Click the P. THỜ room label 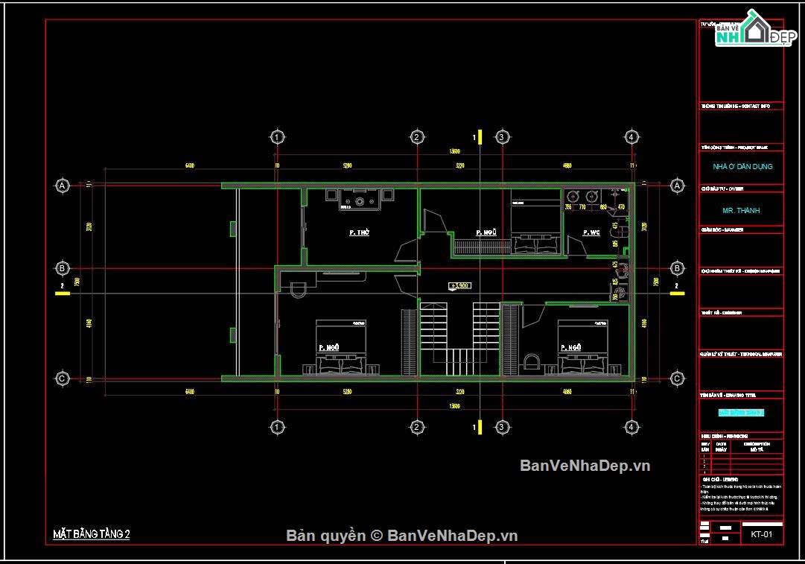[x=360, y=233]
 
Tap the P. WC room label [x=592, y=233]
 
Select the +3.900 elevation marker [x=459, y=285]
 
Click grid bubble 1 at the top [x=277, y=137]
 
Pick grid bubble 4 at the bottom [x=631, y=427]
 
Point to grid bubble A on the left [x=63, y=185]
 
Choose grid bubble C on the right [x=677, y=379]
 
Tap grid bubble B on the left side [x=63, y=268]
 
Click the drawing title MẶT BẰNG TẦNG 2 [x=92, y=533]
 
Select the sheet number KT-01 [x=761, y=534]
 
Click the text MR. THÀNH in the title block [x=741, y=211]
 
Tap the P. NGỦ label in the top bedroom [x=487, y=233]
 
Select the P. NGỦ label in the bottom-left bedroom [x=330, y=347]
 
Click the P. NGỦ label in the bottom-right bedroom [x=570, y=347]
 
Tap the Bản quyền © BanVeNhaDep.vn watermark [x=402, y=536]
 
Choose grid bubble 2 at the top [x=418, y=137]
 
